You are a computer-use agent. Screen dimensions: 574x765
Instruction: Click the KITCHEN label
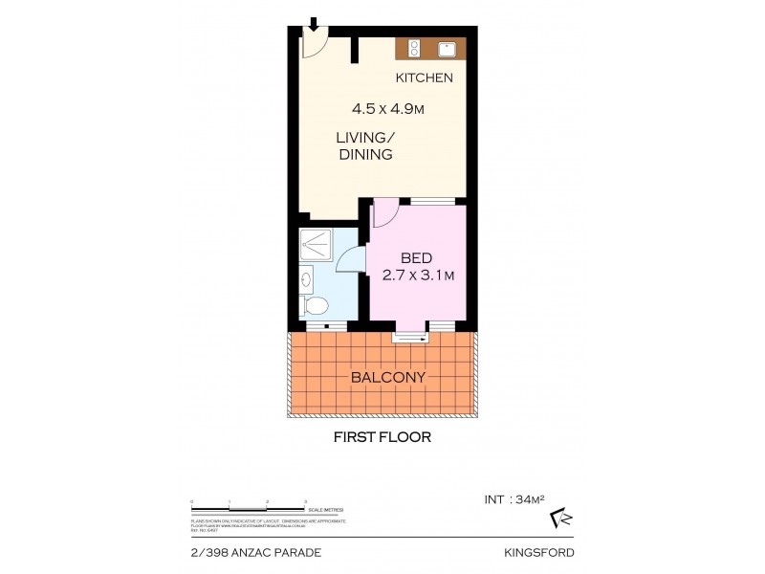click(425, 77)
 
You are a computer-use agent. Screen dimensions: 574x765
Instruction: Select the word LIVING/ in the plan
click(362, 137)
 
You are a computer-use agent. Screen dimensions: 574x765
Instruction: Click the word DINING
click(365, 154)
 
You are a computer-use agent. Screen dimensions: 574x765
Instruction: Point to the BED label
click(416, 257)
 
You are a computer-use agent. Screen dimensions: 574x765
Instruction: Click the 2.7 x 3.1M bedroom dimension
click(417, 276)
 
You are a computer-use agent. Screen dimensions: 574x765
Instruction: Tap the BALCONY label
click(387, 377)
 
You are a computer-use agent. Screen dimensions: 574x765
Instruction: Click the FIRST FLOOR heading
click(382, 437)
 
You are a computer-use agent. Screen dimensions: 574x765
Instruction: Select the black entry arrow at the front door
click(312, 23)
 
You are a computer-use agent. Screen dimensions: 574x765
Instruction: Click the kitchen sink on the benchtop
click(446, 49)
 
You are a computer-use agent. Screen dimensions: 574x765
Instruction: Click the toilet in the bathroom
click(315, 305)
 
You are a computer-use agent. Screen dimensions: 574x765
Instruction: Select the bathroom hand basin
click(305, 279)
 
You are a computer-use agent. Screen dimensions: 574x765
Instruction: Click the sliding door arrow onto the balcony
click(410, 335)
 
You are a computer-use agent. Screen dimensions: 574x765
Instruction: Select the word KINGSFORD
click(538, 553)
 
